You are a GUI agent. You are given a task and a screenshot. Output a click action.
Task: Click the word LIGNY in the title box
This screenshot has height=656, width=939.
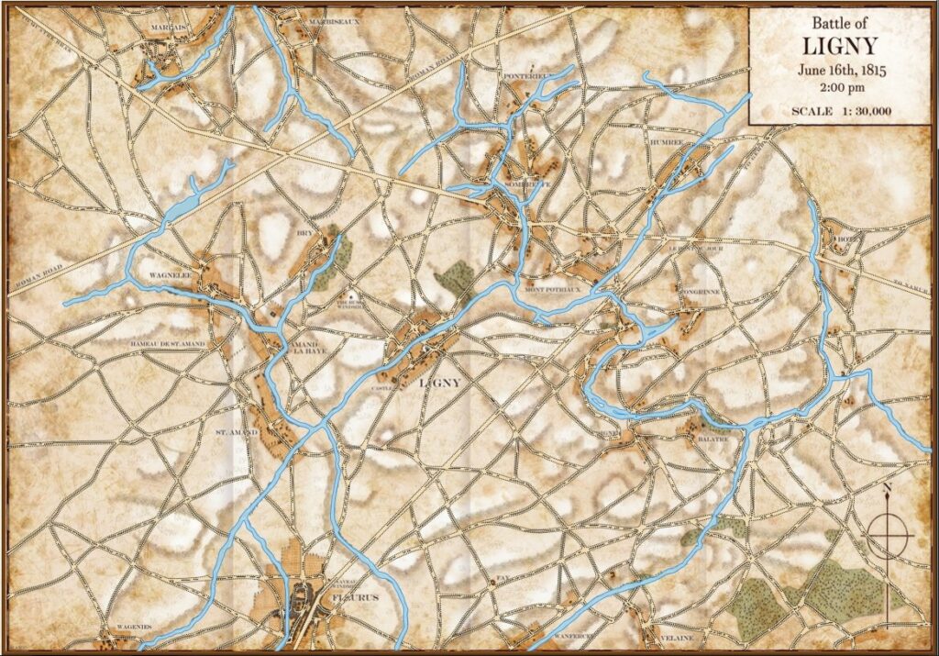pyautogui.click(x=839, y=46)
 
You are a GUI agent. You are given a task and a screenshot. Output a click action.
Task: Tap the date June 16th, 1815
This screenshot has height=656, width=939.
pyautogui.click(x=840, y=71)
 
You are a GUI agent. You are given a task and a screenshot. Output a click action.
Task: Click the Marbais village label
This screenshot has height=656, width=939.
pyautogui.click(x=171, y=27)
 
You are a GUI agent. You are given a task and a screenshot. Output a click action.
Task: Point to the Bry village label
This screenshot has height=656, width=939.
pyautogui.click(x=304, y=233)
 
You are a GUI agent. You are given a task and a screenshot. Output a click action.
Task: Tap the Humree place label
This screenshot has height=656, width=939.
pyautogui.click(x=660, y=144)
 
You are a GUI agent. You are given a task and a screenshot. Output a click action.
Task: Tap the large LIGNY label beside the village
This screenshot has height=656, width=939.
pyautogui.click(x=436, y=384)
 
